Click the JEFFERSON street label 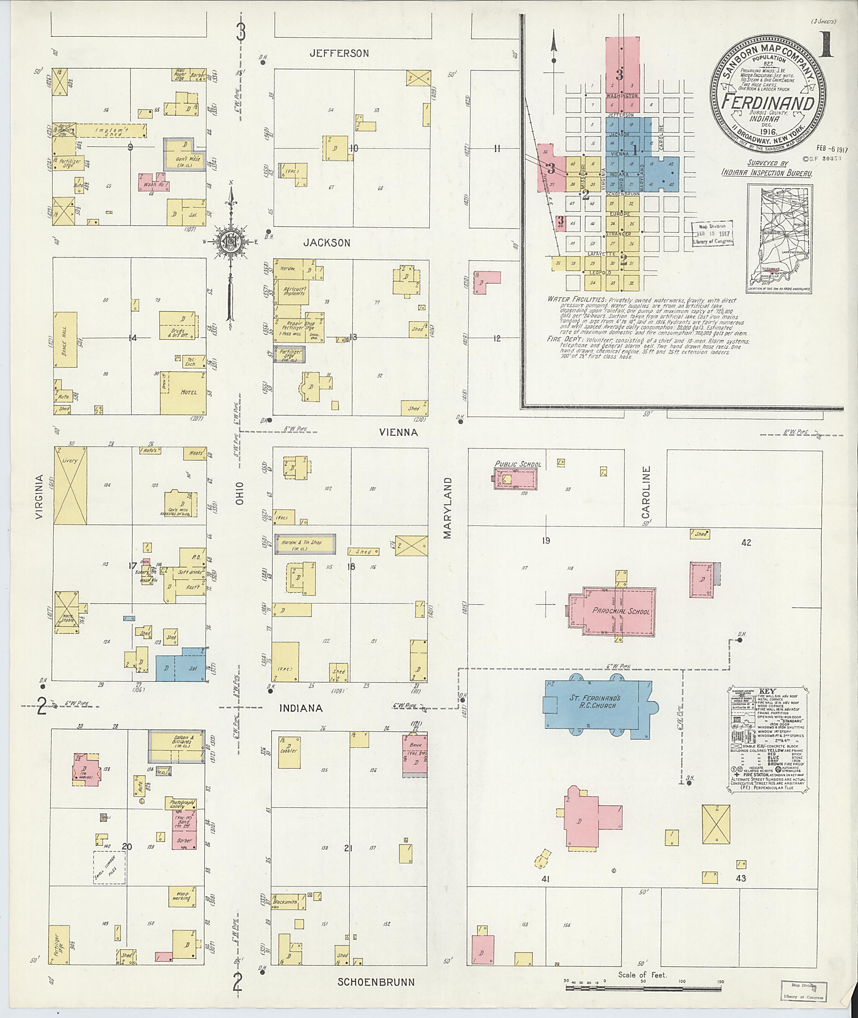click(339, 54)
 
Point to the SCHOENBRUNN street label click(376, 982)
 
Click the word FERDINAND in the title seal click(768, 103)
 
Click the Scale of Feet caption click(643, 961)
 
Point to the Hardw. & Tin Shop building click(305, 544)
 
